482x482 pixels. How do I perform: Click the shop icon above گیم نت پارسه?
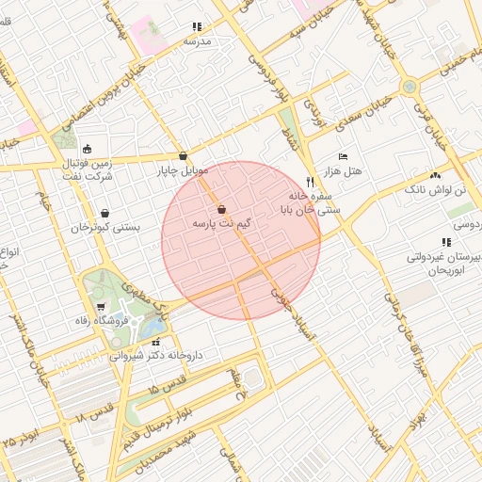click(x=221, y=209)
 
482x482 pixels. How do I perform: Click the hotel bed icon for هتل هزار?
click(x=344, y=156)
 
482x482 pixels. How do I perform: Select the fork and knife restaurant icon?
click(x=310, y=182)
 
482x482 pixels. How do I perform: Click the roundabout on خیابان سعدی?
click(x=409, y=88)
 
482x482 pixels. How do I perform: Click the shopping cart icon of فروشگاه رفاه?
click(x=101, y=307)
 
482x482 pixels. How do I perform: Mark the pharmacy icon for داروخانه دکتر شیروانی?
click(x=156, y=342)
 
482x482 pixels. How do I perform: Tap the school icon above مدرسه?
click(x=197, y=27)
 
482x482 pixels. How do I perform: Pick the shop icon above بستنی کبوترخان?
click(x=104, y=213)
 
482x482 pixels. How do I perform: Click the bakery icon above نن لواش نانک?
click(x=434, y=175)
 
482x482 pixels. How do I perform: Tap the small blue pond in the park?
click(x=151, y=326)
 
